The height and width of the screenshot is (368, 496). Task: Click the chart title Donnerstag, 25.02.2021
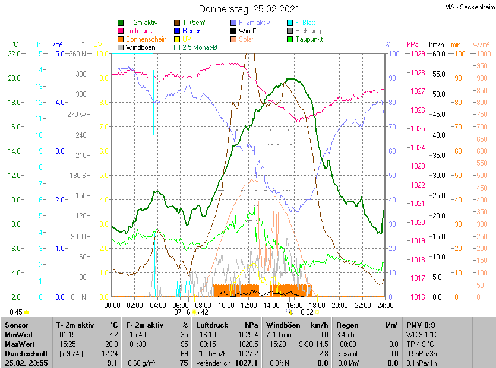click(249, 9)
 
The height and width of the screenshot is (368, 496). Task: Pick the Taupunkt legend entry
click(308, 39)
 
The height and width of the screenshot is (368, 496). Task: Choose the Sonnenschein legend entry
click(146, 39)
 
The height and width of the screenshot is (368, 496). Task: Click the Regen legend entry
click(192, 31)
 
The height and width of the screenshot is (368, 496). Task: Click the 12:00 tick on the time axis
click(249, 305)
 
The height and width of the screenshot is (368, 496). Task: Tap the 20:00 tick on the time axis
click(340, 305)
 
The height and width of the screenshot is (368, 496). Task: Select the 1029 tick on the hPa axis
click(418, 54)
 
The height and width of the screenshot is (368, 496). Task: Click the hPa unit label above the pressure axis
click(412, 45)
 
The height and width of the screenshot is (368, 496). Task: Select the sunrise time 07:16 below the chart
click(182, 312)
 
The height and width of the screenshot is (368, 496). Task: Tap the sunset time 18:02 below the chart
click(305, 312)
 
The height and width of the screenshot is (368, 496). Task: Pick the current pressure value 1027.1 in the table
click(248, 363)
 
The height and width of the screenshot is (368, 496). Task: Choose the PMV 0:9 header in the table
click(420, 325)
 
